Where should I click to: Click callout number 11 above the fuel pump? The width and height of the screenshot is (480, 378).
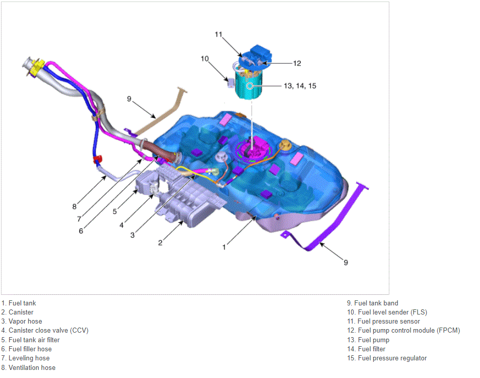[218, 34]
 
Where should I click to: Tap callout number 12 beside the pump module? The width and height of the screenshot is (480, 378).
[297, 64]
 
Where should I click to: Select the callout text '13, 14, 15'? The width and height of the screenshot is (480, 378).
[300, 86]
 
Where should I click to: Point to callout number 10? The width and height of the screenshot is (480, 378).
[204, 58]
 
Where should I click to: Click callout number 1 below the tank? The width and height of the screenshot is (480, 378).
[224, 247]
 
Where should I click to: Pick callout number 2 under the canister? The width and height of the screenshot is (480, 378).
[160, 242]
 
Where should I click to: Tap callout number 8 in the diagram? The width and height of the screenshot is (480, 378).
[75, 207]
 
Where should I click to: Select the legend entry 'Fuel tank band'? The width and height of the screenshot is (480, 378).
[376, 303]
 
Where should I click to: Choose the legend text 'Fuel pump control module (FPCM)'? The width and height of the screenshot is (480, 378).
[409, 331]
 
